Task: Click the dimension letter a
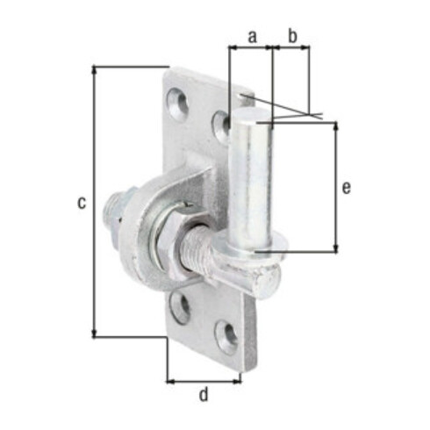coord(252,37)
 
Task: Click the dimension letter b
coord(292,36)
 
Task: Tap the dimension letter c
coord(82,203)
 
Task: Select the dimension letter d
coord(204,394)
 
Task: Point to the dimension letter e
coord(346,188)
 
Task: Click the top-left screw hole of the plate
coord(178,104)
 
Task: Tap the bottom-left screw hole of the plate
coord(180,308)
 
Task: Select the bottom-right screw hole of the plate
coord(226,337)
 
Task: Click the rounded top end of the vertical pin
coord(250,115)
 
